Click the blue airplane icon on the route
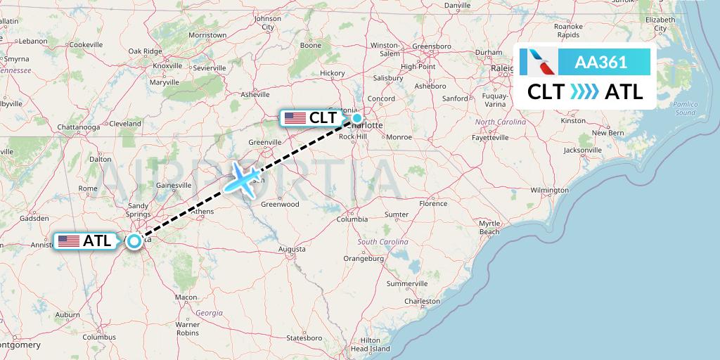coord(244,178)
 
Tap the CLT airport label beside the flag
coord(323,118)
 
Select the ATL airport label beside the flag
coord(97,240)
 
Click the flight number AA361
coord(601,63)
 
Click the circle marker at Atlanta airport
coord(134,240)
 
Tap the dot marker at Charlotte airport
coord(357,118)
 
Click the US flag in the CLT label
coord(295,118)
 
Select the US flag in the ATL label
coord(69,240)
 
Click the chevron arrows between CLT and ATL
coord(585,91)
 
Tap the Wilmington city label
coord(549,190)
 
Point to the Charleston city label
coord(422,301)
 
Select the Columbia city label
coord(352,219)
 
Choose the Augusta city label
coord(292,249)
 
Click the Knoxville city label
coord(167,65)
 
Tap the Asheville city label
coord(255,94)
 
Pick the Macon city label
coord(186,297)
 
